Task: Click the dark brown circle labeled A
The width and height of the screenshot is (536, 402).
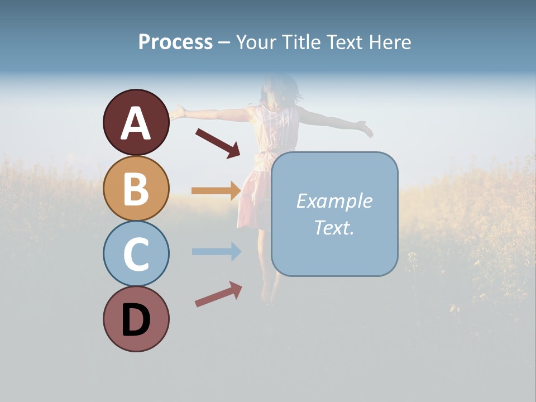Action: pyautogui.click(x=136, y=122)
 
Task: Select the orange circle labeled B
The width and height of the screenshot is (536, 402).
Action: pyautogui.click(x=136, y=188)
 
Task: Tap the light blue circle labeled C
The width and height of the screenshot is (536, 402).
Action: pyautogui.click(x=136, y=253)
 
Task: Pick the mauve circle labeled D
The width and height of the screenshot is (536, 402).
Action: pyautogui.click(x=136, y=319)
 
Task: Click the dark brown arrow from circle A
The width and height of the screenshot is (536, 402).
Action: pyautogui.click(x=218, y=143)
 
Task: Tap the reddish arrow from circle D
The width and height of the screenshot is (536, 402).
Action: pyautogui.click(x=218, y=294)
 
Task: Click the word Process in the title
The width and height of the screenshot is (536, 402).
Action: pyautogui.click(x=175, y=42)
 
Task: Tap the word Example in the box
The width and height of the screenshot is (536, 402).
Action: pyautogui.click(x=334, y=201)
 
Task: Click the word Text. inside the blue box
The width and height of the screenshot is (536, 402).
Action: pyautogui.click(x=334, y=227)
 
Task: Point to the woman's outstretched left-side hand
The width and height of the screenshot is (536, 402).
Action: pyautogui.click(x=177, y=112)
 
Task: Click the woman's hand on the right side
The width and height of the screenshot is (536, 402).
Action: pyautogui.click(x=366, y=131)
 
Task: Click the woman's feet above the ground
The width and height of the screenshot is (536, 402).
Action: pyautogui.click(x=269, y=293)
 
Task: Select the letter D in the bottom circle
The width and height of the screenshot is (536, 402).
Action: pyautogui.click(x=136, y=321)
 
